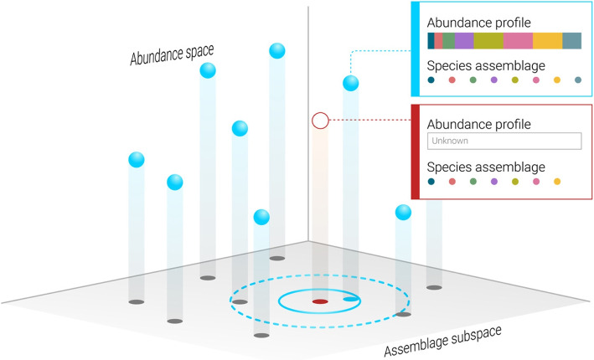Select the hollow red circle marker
tap(320, 121)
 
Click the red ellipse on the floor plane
tap(320, 301)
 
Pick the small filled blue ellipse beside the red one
tap(350, 297)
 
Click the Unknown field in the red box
tap(504, 141)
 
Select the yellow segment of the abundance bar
tap(546, 41)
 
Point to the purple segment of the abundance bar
tap(464, 41)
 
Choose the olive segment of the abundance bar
tap(488, 41)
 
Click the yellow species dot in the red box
tap(556, 181)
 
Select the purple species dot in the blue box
tap(493, 80)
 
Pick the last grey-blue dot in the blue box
tap(578, 80)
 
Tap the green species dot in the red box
tap(473, 181)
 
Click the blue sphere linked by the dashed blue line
tap(352, 83)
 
